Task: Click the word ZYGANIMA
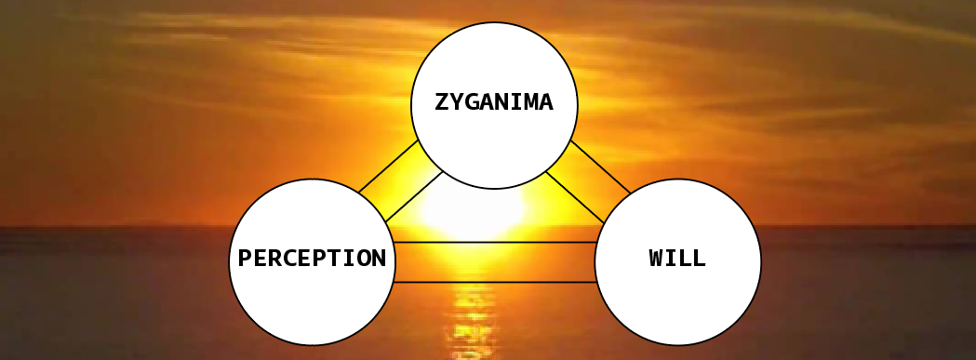(494, 101)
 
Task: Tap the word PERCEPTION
(312, 258)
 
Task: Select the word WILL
(677, 258)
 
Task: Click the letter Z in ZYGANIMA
(442, 101)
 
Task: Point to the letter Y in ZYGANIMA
(457, 101)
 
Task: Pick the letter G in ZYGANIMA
(472, 101)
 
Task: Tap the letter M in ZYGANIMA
(531, 101)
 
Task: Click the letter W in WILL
(656, 258)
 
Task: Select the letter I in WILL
(671, 258)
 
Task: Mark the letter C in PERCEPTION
(289, 258)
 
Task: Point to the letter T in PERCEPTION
(334, 258)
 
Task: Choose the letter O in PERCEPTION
(364, 258)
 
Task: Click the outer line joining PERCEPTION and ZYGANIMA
(388, 166)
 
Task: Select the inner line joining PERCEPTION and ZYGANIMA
(414, 196)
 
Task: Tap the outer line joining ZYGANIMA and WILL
(600, 167)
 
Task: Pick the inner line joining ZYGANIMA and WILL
(574, 197)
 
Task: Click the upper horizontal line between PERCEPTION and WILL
(496, 242)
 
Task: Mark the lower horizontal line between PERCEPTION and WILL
(496, 282)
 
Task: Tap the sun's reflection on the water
(472, 317)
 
